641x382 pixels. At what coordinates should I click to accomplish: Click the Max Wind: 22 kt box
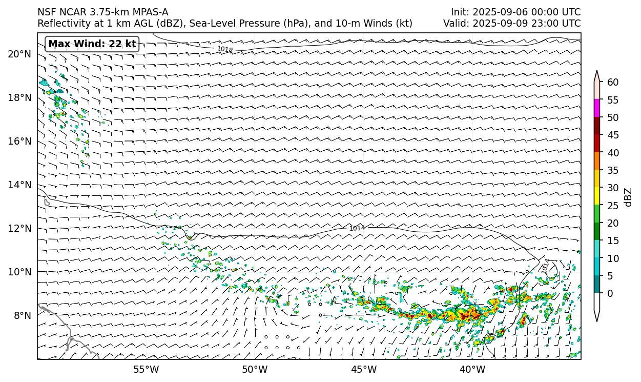coord(92,44)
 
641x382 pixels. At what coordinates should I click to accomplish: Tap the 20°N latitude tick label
coord(19,54)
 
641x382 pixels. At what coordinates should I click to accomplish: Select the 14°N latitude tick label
coord(19,185)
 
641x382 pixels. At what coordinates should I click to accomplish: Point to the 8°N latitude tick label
coord(22,315)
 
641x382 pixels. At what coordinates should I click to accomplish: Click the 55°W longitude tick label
coord(146,369)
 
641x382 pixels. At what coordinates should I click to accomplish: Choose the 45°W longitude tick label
coord(364,369)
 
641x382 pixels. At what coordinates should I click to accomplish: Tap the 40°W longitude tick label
coord(472,369)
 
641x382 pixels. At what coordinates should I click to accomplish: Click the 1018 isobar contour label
coord(225,49)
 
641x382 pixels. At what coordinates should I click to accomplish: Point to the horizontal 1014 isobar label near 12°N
coord(357,228)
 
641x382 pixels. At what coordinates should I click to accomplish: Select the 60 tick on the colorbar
coord(613,83)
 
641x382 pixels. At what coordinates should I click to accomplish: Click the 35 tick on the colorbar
coord(613,170)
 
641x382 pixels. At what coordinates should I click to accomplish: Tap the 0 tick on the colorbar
coord(610,293)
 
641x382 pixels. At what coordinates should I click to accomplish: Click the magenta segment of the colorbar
coord(597,109)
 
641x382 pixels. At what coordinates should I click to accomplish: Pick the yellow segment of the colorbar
coord(597,196)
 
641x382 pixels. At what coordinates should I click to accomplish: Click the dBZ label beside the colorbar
coord(628,197)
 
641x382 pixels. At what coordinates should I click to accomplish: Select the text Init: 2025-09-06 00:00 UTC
coord(515,12)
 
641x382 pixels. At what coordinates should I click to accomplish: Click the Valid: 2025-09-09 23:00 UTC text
coord(512,24)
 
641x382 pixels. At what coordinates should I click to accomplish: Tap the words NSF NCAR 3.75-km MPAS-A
coord(102,12)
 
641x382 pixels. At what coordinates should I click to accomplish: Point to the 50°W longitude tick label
coord(255,369)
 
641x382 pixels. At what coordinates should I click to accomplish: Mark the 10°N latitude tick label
coord(19,272)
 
